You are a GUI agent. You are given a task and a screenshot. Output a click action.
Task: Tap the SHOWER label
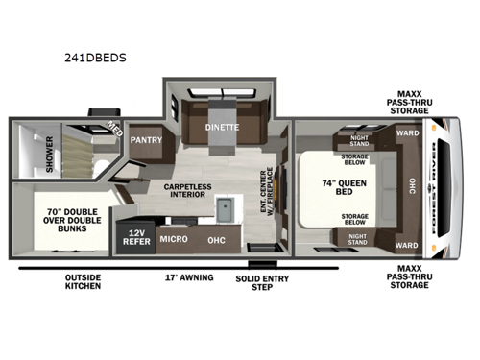27,156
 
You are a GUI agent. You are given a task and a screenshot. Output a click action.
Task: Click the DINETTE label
221,127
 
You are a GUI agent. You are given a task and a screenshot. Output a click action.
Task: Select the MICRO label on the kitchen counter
173,239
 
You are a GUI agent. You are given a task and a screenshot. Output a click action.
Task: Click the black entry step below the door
259,262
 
